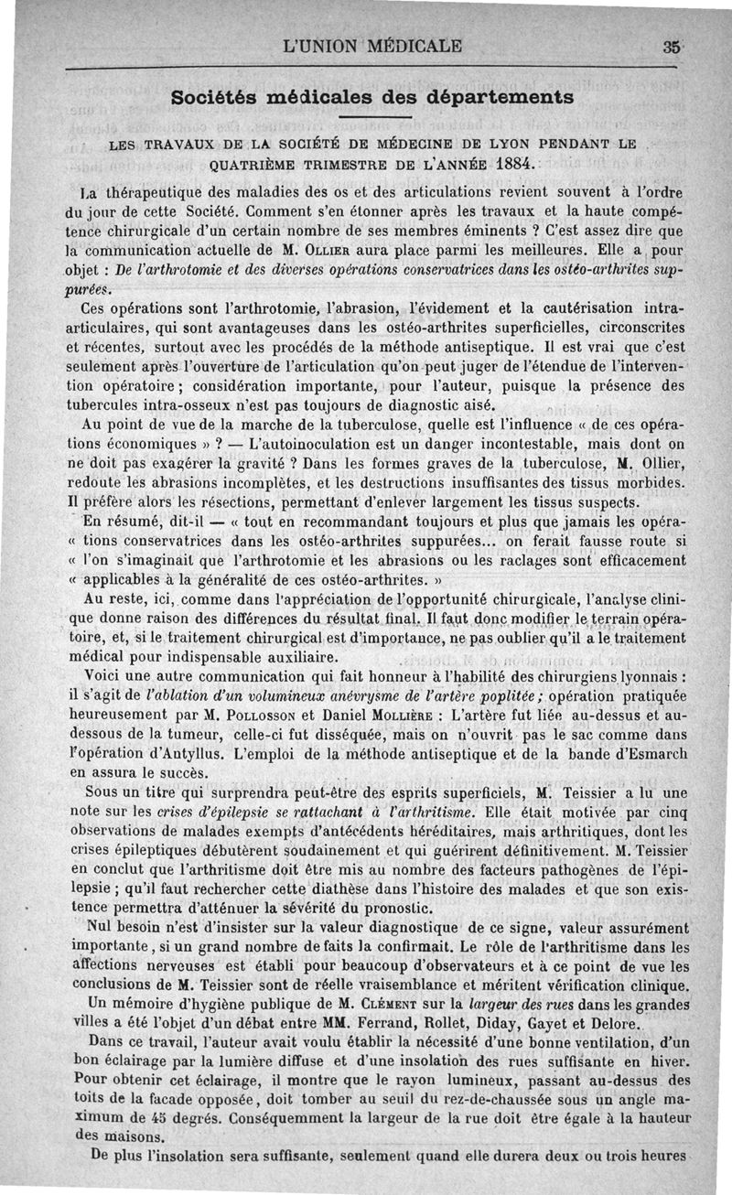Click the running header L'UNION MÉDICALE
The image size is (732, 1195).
(x=374, y=46)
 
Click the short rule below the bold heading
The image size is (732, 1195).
(x=371, y=119)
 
